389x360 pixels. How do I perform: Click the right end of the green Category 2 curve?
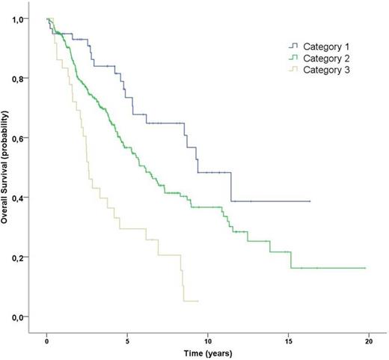coord(365,268)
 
